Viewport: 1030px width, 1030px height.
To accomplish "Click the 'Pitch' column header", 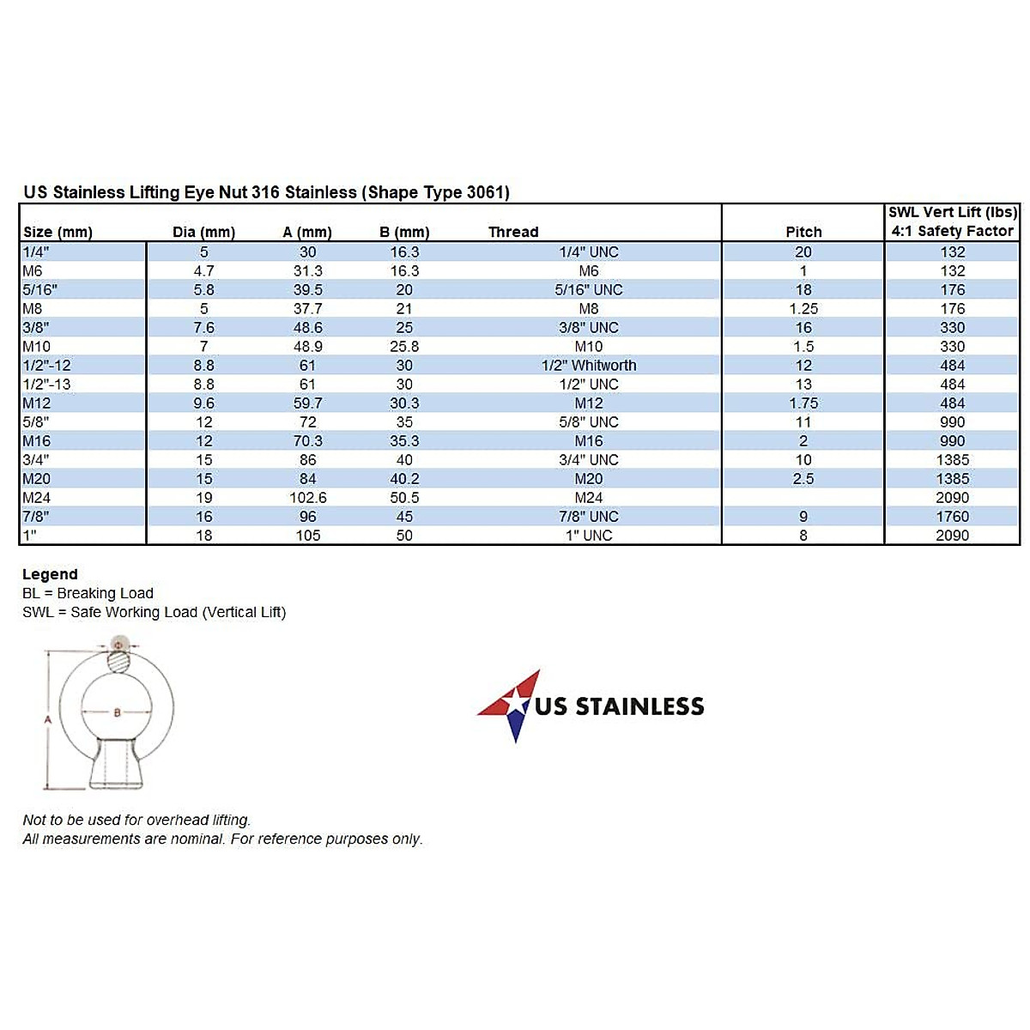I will pos(803,232).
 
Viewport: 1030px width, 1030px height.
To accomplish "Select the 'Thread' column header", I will pos(513,232).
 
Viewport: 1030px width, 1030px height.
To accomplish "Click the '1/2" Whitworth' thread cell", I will pos(589,366).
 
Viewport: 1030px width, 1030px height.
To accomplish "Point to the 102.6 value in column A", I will pos(308,498).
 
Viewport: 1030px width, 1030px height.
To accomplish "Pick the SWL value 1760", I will pos(952,517).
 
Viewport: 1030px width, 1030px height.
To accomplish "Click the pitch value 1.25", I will pos(803,309).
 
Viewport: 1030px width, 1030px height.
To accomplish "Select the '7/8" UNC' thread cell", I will pos(589,517).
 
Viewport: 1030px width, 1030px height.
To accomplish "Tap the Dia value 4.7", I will pos(204,271).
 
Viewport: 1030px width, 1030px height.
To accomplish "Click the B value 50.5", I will pos(404,498).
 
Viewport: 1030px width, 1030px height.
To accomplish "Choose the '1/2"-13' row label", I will pos(47,385).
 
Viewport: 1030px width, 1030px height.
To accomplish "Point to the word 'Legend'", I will pos(50,574).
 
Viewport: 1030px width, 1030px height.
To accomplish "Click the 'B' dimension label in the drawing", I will pos(117,712).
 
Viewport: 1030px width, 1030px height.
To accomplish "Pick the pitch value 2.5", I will pos(803,479).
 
